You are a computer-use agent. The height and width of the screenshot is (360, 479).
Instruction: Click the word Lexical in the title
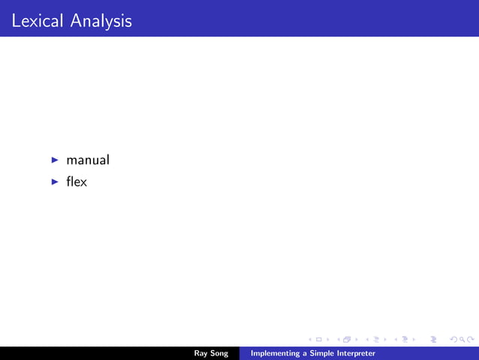click(x=38, y=21)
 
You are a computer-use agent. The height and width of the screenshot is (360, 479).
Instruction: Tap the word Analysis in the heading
click(x=101, y=21)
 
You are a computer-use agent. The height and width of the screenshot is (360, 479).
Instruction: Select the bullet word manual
click(x=88, y=160)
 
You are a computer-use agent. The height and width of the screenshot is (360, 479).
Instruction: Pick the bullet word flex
click(x=77, y=181)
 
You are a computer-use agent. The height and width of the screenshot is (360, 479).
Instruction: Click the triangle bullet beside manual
click(x=55, y=160)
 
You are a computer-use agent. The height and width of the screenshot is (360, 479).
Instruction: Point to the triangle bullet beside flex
click(x=55, y=181)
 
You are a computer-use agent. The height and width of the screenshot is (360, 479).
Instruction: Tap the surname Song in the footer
click(x=219, y=353)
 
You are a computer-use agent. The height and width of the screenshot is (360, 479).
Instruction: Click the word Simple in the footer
click(x=322, y=353)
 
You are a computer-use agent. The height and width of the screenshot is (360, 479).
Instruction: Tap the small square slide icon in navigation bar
click(x=319, y=340)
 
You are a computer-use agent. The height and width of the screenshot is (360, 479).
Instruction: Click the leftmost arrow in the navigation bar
click(x=310, y=340)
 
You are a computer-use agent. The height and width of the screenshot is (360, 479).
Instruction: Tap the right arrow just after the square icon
click(x=328, y=340)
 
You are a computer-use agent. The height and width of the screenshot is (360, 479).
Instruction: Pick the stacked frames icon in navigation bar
click(x=347, y=340)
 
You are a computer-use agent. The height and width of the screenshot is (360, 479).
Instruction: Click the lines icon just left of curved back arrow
click(x=433, y=340)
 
